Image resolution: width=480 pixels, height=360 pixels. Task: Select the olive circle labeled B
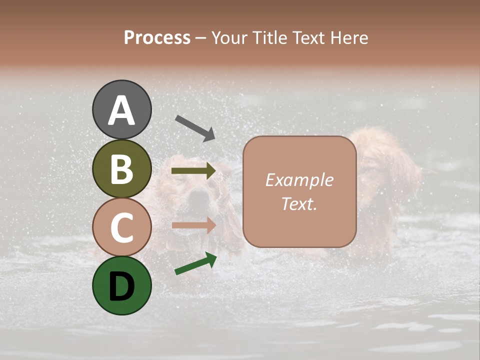click(x=121, y=169)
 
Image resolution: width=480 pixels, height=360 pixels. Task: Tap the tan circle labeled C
click(x=121, y=227)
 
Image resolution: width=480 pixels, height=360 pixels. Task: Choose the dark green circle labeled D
click(x=121, y=285)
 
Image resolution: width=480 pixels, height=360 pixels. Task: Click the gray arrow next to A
click(x=195, y=127)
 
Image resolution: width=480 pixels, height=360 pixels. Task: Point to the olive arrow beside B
click(x=193, y=171)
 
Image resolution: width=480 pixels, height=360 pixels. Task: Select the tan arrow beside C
click(x=193, y=225)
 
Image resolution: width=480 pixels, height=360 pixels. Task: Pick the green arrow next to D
click(x=195, y=263)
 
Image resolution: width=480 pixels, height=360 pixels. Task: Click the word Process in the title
click(x=157, y=38)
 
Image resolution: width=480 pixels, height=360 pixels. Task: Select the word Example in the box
click(x=299, y=180)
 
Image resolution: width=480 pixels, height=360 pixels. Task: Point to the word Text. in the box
click(x=299, y=203)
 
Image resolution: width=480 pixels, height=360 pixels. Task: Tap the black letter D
click(x=121, y=286)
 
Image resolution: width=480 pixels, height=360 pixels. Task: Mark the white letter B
click(x=121, y=169)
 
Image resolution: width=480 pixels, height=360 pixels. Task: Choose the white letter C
click(x=121, y=228)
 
